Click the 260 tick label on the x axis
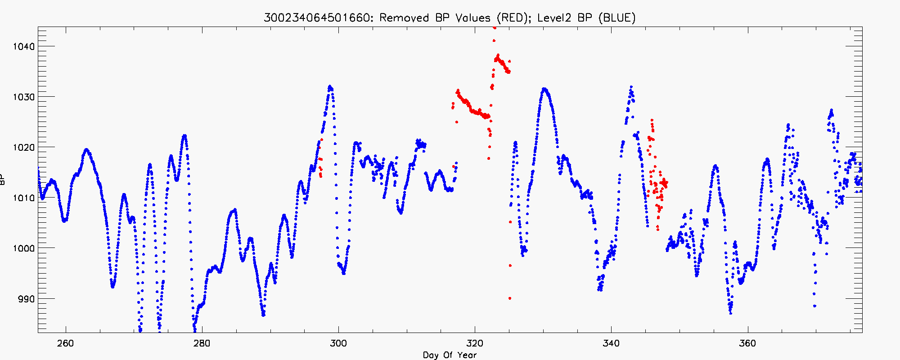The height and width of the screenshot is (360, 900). coord(66,343)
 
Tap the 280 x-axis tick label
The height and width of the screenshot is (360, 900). coord(202,343)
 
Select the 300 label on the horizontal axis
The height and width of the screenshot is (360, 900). coord(338,343)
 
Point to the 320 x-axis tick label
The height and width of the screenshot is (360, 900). coord(475,343)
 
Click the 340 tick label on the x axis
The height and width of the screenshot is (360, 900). coord(611,343)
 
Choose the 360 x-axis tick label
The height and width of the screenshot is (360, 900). coord(747,343)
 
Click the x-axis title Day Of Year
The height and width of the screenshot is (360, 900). coord(450,355)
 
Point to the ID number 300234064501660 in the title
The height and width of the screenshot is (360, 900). coord(318,18)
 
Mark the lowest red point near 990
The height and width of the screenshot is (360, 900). coord(509,298)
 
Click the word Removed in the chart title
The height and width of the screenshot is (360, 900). coord(404,18)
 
